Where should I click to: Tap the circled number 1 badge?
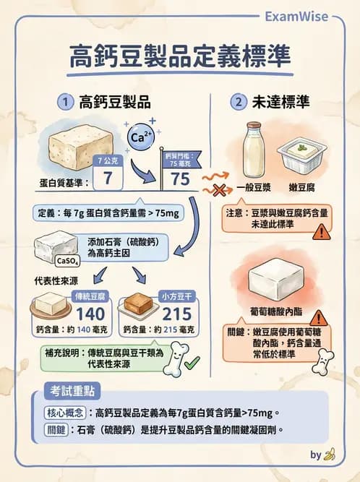point(66,103)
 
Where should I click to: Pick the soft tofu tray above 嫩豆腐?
point(301,155)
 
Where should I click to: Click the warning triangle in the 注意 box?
point(319,231)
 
